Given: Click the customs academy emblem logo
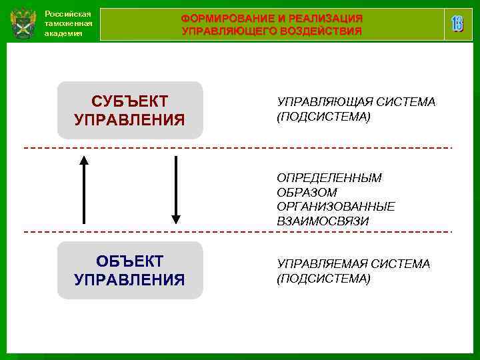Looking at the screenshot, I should [x=23, y=25].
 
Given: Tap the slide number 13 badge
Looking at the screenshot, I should [x=457, y=25].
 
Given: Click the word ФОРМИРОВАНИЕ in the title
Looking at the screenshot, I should [x=225, y=18].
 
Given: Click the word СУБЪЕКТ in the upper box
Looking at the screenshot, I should [x=129, y=101].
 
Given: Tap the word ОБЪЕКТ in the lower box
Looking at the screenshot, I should [x=129, y=261].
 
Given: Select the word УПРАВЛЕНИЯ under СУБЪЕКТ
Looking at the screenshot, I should [x=129, y=120].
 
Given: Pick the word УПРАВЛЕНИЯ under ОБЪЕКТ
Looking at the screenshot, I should [x=129, y=279].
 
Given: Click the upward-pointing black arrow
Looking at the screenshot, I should [x=84, y=189].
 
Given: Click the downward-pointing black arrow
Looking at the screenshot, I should [x=176, y=189].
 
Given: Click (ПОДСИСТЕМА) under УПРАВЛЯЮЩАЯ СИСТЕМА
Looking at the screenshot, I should [x=323, y=117].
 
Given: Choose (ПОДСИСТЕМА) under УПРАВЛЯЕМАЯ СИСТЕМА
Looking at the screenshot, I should [x=323, y=278].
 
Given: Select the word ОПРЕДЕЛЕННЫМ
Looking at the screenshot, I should [x=329, y=178].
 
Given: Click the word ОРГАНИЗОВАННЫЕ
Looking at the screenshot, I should [x=336, y=207].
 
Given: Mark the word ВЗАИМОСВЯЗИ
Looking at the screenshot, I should [x=323, y=221].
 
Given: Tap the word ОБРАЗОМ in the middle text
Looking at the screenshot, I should [x=307, y=192].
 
